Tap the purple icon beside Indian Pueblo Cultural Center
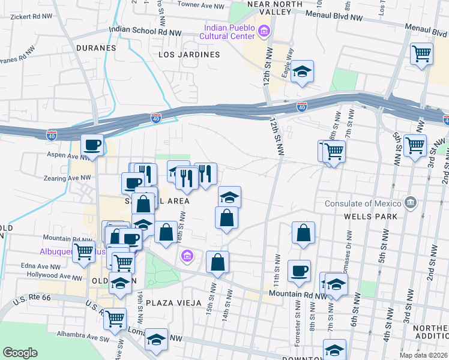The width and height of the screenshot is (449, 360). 263,30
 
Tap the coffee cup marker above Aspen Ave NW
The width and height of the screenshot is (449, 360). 92,145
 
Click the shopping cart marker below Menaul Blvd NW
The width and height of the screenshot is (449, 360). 422,53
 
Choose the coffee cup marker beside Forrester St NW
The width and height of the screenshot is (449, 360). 299,271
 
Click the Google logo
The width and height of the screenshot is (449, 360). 20,353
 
